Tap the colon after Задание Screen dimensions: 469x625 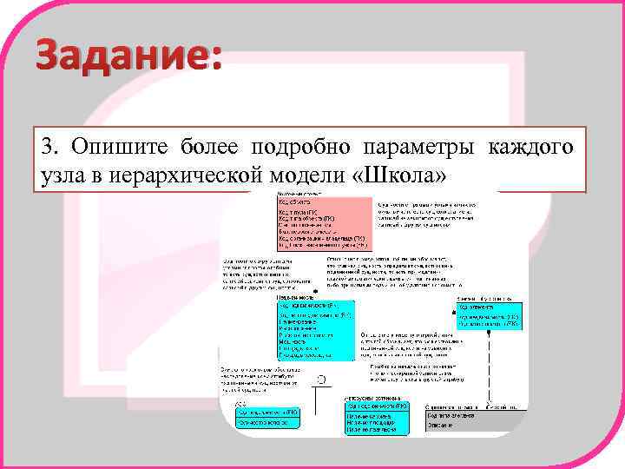(214, 59)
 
